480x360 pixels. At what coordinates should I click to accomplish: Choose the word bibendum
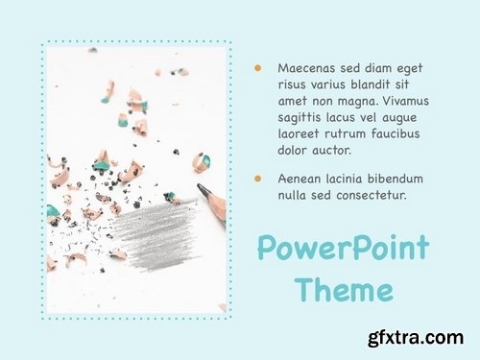tap(392, 180)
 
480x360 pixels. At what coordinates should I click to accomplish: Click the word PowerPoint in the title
tap(343, 249)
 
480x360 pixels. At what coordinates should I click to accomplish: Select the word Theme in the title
tap(343, 289)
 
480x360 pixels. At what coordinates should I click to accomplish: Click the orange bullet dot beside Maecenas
tap(257, 68)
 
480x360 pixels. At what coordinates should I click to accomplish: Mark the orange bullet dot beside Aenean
tap(257, 180)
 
